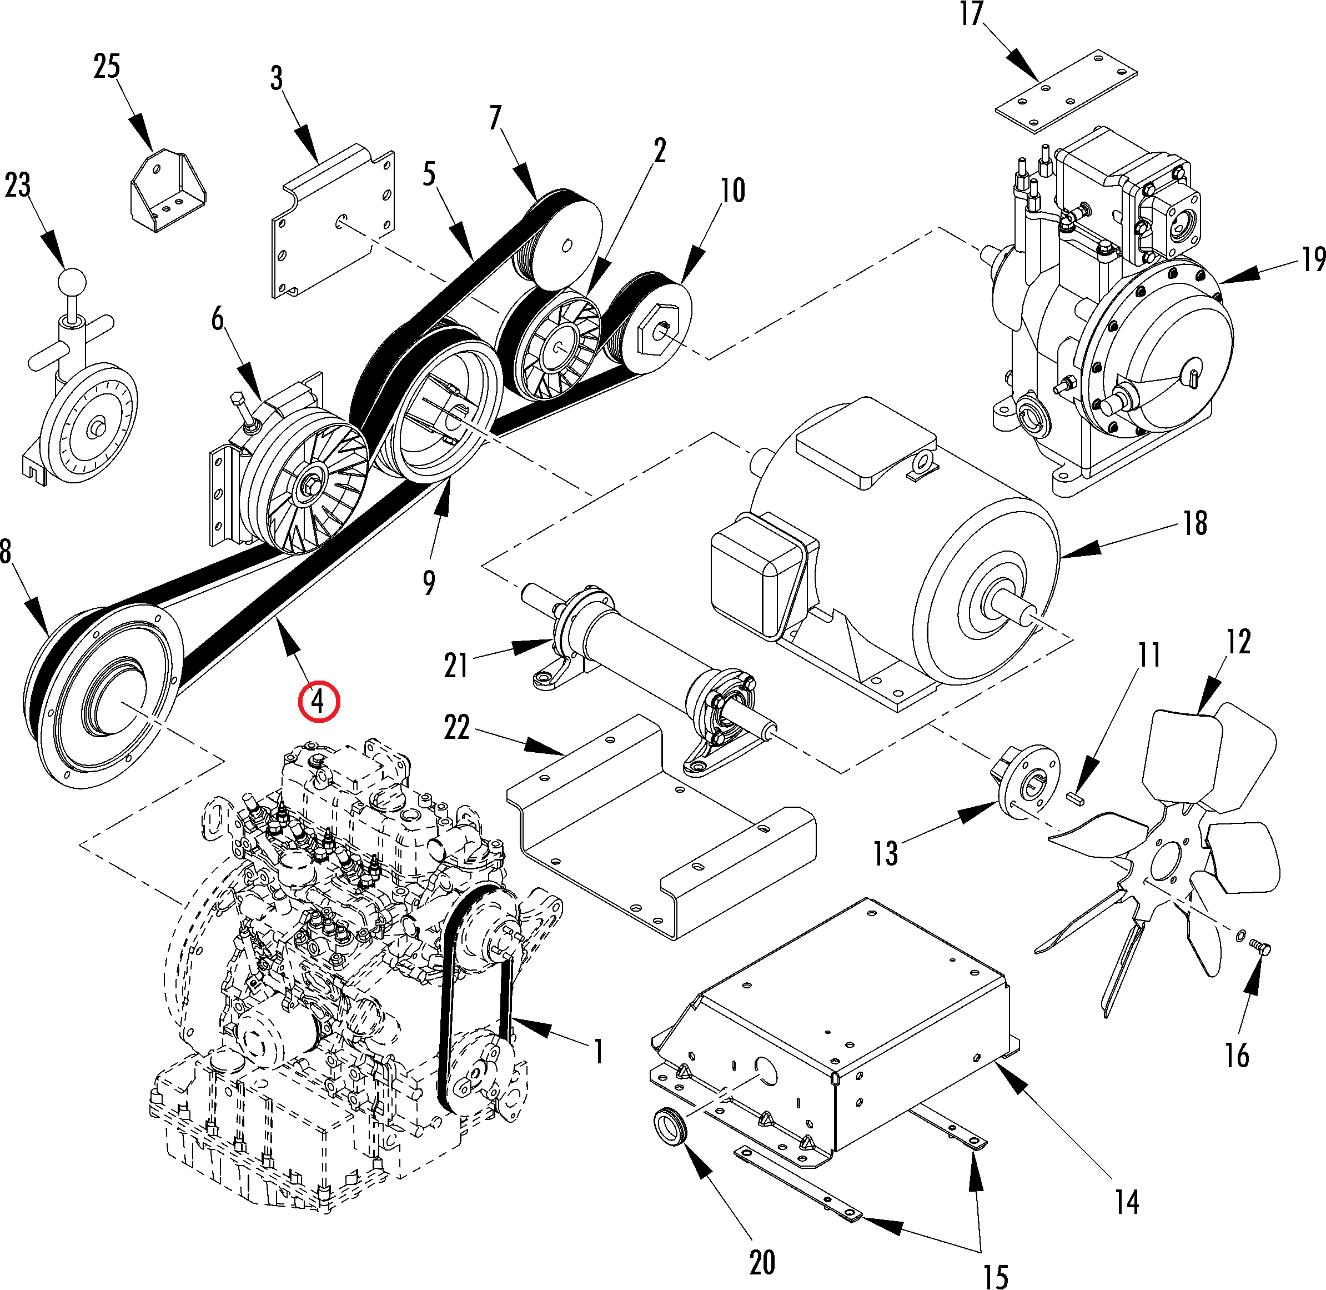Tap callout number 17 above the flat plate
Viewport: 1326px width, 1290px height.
pos(971,14)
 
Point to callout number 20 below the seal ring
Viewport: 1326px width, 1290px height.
pos(762,1261)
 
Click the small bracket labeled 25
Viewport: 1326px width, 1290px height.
pos(167,192)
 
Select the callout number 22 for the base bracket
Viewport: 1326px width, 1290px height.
pos(456,728)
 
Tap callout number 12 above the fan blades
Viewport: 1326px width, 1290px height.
pos(1238,641)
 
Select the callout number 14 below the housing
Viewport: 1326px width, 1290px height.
pos(1127,1201)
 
